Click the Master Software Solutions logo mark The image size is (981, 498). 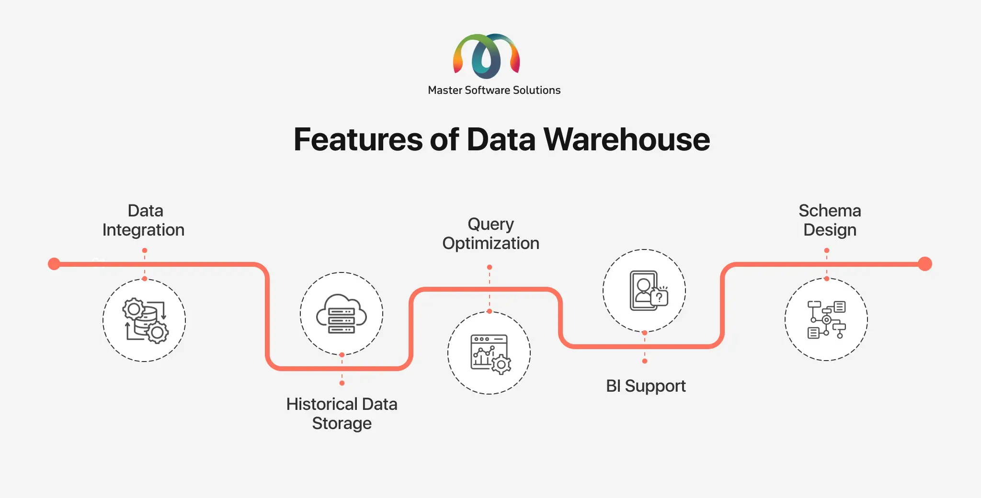click(x=486, y=56)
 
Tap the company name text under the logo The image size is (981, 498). click(x=494, y=90)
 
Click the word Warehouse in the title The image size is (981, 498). click(x=627, y=139)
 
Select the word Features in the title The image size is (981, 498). click(x=358, y=139)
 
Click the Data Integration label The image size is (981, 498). click(x=144, y=220)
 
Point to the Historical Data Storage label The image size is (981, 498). click(x=342, y=414)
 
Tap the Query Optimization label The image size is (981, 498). click(x=490, y=234)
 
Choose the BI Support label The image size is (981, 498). click(x=646, y=386)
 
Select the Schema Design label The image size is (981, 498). click(x=830, y=220)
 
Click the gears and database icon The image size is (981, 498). click(x=145, y=320)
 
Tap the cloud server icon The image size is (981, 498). click(x=342, y=314)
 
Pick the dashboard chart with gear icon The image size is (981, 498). click(x=490, y=354)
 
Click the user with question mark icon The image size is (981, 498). click(x=648, y=291)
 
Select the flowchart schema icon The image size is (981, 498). click(x=827, y=319)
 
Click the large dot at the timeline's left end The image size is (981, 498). click(x=54, y=264)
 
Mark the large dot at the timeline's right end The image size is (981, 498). click(x=925, y=264)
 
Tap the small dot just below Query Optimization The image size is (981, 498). click(x=489, y=267)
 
